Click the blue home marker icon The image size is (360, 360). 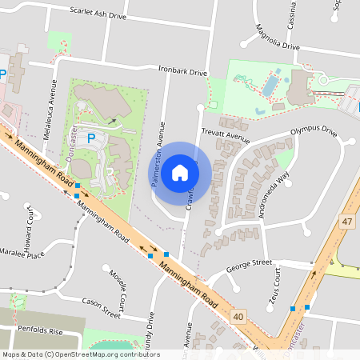[180, 173]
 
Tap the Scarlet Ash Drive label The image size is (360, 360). [98, 14]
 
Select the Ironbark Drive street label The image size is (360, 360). [182, 72]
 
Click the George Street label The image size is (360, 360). [249, 262]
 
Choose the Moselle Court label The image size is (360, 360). [117, 290]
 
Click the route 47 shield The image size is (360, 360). [346, 222]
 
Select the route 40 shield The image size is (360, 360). [238, 318]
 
